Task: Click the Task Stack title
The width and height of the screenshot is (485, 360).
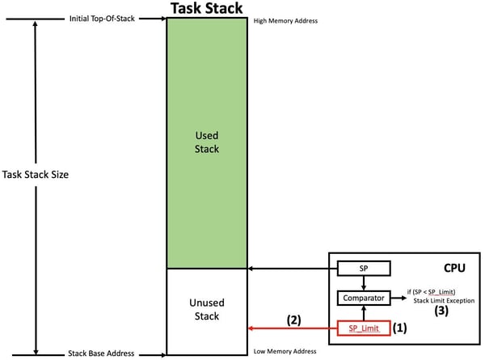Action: click(206, 8)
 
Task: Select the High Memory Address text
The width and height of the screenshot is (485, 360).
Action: click(285, 20)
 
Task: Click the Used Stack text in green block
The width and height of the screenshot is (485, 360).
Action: click(207, 142)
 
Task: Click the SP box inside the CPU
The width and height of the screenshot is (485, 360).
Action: click(363, 268)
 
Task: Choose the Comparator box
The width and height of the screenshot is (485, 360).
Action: click(363, 299)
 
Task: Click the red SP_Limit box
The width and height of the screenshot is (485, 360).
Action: click(363, 328)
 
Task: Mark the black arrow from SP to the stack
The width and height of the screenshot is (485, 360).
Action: click(291, 268)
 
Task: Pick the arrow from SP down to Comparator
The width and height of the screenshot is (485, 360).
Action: click(363, 282)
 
